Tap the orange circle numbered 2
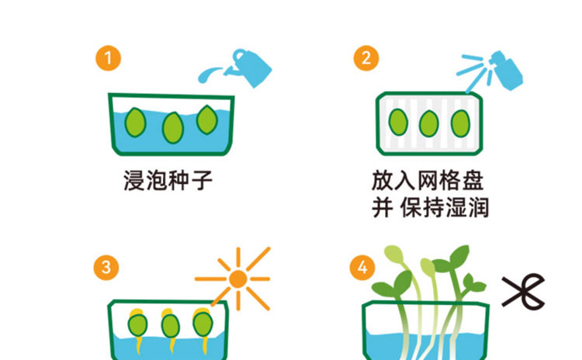[365, 58]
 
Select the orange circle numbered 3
[107, 268]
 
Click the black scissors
[522, 291]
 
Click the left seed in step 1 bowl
[136, 122]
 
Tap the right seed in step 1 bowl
[206, 119]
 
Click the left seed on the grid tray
[398, 122]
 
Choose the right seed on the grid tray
[459, 122]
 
